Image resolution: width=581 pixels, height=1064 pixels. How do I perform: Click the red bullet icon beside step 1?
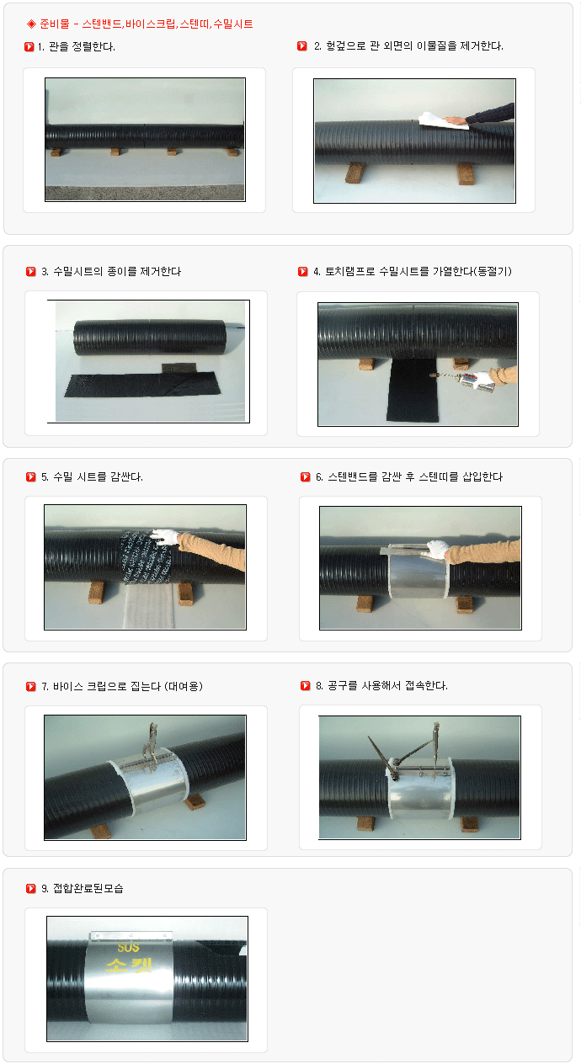pos(29,46)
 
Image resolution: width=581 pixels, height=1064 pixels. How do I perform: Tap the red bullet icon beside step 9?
pos(31,888)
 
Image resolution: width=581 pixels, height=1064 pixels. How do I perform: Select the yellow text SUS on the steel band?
pos(128,947)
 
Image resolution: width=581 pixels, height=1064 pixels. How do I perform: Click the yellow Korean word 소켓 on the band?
pos(129,965)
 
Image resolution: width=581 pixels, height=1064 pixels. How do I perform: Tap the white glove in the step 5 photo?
pos(165,536)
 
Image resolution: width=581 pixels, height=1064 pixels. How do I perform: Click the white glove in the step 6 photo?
pos(437,550)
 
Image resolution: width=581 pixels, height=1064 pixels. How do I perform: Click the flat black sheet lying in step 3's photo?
pos(142,384)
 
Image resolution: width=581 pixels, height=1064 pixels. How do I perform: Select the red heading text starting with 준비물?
pos(147,24)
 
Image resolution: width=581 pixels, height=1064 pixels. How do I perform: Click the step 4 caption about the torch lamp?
pos(418,271)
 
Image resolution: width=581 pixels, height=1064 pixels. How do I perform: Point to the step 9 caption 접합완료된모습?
pos(88,888)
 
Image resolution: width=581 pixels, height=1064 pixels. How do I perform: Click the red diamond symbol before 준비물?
pos(31,24)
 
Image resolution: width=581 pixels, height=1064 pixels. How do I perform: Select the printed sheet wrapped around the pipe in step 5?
pos(146,557)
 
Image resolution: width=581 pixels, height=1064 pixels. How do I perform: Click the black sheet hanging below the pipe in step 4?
pos(413,390)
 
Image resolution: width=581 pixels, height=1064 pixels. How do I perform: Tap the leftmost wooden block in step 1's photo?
pos(56,152)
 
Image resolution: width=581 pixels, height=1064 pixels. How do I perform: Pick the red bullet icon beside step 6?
pos(306,477)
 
